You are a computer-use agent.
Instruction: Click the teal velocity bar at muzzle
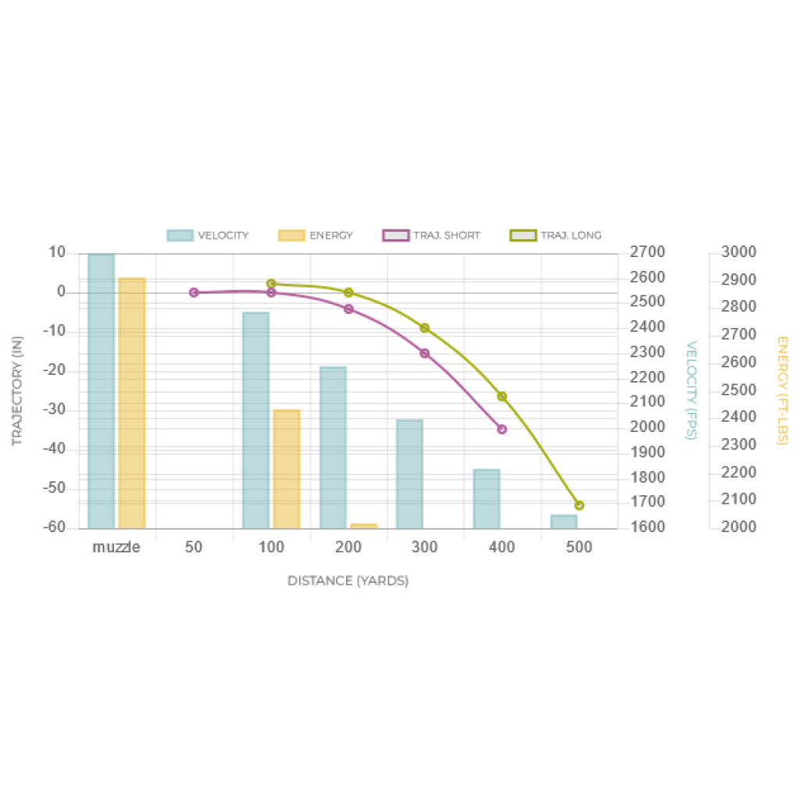[101, 391]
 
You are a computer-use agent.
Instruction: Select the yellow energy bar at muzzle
[132, 402]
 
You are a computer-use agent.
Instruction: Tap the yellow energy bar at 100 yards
[286, 468]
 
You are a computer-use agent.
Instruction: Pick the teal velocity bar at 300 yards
[409, 473]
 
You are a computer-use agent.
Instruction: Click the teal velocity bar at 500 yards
[563, 520]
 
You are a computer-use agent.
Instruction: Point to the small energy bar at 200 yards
[363, 525]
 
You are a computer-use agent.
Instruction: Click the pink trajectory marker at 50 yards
[194, 292]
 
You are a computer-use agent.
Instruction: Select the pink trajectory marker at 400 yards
[502, 430]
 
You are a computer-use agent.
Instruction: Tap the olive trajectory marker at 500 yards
[579, 505]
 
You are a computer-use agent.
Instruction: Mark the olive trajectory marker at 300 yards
[425, 327]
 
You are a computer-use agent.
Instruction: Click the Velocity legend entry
[207, 235]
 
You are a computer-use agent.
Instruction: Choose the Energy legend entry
[316, 235]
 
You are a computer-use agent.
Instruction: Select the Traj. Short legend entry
[431, 235]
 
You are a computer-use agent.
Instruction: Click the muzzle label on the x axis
[116, 547]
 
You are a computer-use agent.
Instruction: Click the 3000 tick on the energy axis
[738, 252]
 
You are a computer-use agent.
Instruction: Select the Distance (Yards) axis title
[348, 580]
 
